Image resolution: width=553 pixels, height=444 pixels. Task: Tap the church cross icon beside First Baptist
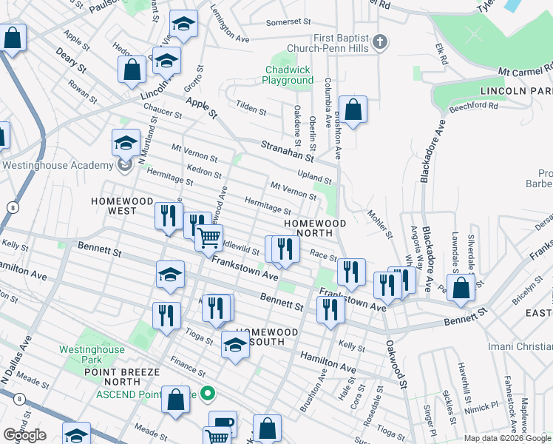(x=380, y=41)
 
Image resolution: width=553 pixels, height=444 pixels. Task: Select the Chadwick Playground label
(x=289, y=75)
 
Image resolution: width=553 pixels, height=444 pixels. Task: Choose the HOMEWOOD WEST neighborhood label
(x=122, y=206)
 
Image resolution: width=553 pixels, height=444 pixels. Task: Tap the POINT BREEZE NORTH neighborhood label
(x=122, y=376)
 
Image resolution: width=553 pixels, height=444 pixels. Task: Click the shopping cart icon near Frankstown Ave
(x=209, y=238)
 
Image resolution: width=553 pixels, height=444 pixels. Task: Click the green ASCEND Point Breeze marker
(x=208, y=394)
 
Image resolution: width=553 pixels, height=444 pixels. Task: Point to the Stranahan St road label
(x=286, y=151)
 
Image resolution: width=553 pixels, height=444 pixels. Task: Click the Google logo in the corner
(x=24, y=435)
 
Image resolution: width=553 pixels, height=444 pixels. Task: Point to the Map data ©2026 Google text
(x=506, y=438)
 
